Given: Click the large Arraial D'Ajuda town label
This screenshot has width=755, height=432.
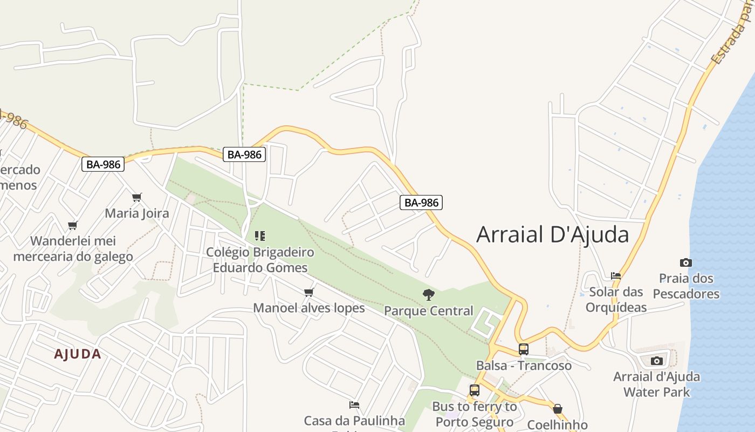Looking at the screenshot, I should (x=553, y=234).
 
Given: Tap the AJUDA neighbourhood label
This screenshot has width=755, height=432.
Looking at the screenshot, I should (x=78, y=354).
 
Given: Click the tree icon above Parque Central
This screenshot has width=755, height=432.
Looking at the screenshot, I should (x=429, y=295).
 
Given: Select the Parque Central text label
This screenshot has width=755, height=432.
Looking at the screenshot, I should (x=429, y=311).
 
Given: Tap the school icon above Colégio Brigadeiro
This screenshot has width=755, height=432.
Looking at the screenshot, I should (x=260, y=236).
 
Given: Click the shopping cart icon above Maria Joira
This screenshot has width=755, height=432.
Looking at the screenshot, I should (x=137, y=197).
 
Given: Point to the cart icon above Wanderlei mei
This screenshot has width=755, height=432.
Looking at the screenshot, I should (x=73, y=225).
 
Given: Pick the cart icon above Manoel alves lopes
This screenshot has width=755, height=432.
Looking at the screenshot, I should (x=309, y=293).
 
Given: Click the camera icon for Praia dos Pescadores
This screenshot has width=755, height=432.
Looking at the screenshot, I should (x=686, y=263).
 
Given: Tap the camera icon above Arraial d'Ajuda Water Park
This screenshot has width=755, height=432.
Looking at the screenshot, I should (x=657, y=361).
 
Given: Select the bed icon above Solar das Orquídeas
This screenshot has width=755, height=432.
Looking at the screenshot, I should (x=616, y=276).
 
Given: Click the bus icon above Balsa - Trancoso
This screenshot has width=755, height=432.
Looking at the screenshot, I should (x=524, y=349).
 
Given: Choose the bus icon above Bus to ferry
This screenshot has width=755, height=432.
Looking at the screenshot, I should (x=475, y=390).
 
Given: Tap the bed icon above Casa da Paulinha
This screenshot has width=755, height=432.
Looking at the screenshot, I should (x=354, y=405).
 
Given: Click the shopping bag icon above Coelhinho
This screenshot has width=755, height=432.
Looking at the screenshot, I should (x=558, y=409).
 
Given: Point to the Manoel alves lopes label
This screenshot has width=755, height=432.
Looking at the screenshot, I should (x=309, y=308).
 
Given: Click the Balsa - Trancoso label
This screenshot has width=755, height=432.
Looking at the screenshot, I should (x=524, y=366).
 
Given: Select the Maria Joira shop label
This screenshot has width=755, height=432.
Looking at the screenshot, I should (x=137, y=213).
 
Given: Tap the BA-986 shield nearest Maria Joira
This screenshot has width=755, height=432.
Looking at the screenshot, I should (x=103, y=164).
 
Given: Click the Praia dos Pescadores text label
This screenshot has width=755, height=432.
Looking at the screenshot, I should (x=686, y=286).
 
